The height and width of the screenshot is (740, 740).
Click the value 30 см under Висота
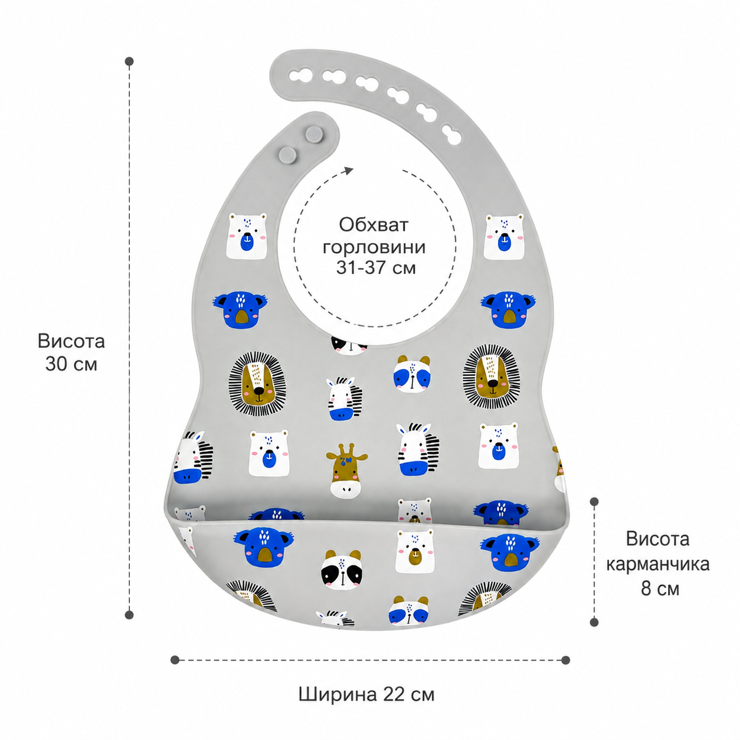click(71, 364)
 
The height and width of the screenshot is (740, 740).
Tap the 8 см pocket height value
click(660, 588)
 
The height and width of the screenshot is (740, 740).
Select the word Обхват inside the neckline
click(374, 225)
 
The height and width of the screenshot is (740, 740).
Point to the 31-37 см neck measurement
click(376, 267)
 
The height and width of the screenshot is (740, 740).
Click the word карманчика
click(657, 564)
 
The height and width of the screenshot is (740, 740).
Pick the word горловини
click(374, 247)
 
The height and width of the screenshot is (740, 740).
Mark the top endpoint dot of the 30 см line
click(129, 61)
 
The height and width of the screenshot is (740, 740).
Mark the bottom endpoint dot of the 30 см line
click(129, 615)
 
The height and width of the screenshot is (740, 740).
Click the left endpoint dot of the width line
click(175, 660)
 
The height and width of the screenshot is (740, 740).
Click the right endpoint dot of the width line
click(565, 660)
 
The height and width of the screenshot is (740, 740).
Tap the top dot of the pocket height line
click(594, 502)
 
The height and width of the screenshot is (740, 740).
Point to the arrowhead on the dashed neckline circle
click(349, 171)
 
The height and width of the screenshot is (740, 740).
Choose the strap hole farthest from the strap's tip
click(451, 135)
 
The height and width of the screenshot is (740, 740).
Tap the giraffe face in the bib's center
click(346, 471)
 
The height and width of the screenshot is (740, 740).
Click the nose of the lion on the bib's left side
click(259, 390)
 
